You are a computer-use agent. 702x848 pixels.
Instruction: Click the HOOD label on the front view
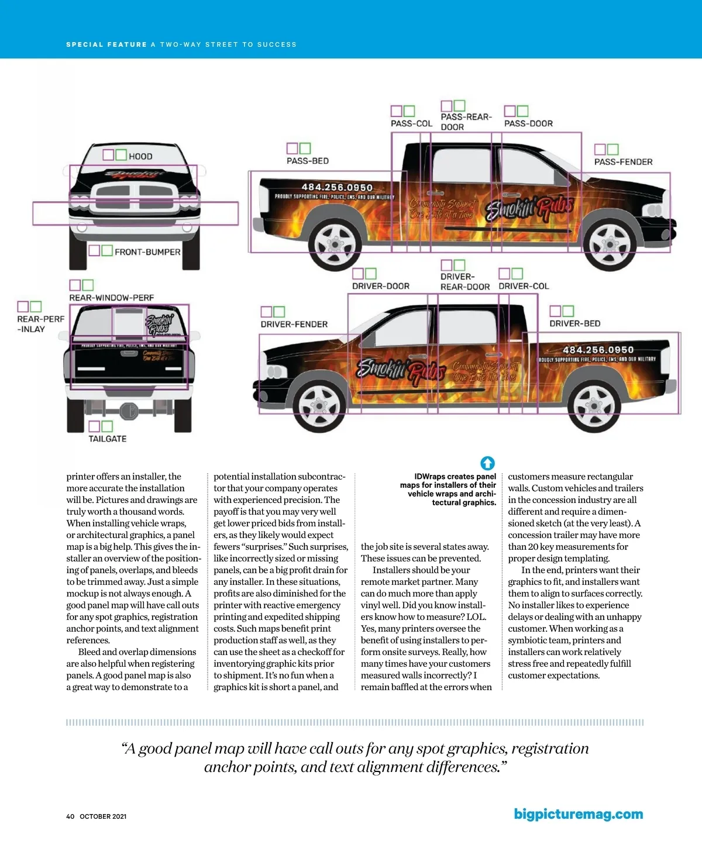(x=140, y=156)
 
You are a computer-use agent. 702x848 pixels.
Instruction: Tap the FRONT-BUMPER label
(x=147, y=252)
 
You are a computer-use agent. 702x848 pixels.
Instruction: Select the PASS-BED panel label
(x=308, y=161)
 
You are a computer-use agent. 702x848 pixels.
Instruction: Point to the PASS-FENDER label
(x=623, y=162)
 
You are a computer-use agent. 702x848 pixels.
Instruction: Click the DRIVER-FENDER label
(x=294, y=324)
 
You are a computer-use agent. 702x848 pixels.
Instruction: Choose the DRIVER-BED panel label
(x=574, y=323)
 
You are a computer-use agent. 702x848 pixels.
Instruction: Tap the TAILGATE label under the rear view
(x=108, y=439)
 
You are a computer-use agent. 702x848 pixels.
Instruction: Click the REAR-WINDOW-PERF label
(x=112, y=298)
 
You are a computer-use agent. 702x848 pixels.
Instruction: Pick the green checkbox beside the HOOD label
(x=121, y=155)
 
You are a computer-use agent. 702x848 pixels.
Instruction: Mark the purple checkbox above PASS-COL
(x=396, y=111)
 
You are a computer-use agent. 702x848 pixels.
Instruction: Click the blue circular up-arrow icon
(x=487, y=463)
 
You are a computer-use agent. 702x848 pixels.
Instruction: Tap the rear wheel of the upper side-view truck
(x=335, y=244)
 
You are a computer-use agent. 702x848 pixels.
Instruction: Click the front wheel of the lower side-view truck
(x=319, y=404)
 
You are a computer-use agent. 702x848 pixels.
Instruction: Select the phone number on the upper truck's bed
(x=337, y=188)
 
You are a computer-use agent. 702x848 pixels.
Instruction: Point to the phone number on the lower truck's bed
(x=598, y=350)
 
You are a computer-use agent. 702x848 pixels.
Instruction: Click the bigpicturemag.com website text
(x=578, y=814)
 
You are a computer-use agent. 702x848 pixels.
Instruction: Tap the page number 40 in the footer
(x=70, y=816)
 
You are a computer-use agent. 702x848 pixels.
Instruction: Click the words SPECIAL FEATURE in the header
(x=106, y=44)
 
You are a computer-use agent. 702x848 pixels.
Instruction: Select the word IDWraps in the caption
(x=431, y=477)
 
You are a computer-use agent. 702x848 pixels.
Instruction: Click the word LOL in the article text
(x=475, y=617)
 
